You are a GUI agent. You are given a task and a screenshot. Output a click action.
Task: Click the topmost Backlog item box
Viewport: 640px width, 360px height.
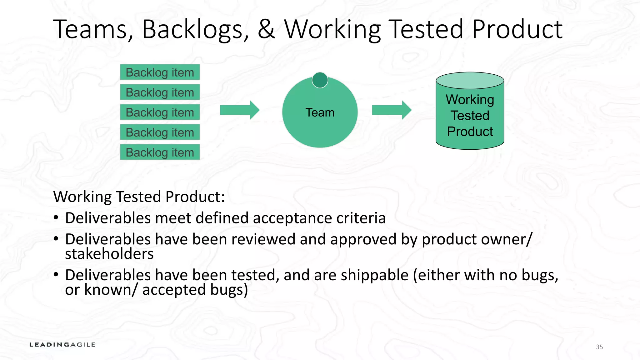point(160,72)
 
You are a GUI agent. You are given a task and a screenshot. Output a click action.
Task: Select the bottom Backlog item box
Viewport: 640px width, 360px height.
point(160,152)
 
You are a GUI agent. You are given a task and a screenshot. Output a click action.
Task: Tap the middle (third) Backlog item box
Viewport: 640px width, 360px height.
point(160,112)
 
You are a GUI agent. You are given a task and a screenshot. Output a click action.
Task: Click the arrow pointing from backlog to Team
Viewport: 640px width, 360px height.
point(240,110)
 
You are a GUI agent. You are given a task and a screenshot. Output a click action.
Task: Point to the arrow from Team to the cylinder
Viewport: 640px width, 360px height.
point(392,110)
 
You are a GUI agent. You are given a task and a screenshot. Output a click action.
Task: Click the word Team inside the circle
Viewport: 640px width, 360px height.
point(320,112)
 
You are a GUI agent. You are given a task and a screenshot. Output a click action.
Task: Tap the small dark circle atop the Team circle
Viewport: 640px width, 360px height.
point(320,80)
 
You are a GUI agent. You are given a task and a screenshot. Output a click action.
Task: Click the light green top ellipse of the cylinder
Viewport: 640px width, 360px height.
point(470,80)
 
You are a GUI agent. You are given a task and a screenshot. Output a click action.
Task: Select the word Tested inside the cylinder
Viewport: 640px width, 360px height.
point(470,116)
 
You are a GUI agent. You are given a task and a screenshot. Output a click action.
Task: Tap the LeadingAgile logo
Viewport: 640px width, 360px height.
point(62,345)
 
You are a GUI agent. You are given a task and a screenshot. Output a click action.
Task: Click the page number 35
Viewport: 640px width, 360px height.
point(599,347)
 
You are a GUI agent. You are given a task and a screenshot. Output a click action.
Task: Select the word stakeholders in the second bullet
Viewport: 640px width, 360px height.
point(109,254)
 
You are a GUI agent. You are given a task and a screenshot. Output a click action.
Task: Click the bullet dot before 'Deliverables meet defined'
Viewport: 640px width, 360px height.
point(56,217)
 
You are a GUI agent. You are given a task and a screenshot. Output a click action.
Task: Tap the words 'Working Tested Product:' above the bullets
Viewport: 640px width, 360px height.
point(139,197)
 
